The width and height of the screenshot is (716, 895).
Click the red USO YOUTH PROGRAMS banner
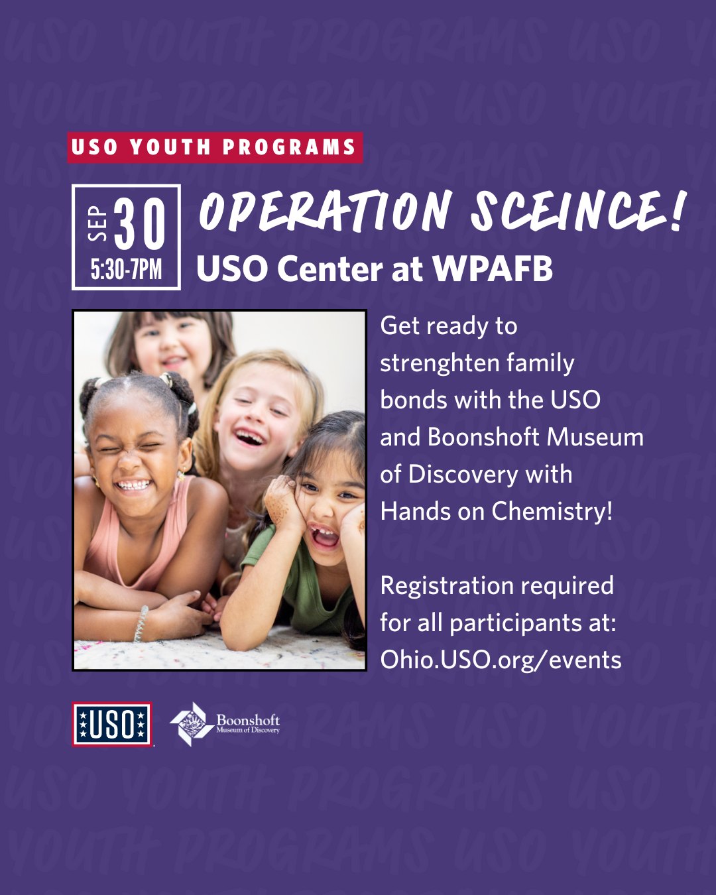215,148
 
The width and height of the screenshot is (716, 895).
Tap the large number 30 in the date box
140,223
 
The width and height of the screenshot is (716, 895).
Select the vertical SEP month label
97,223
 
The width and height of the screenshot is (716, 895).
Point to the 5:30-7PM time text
126,270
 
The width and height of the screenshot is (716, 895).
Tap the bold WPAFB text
493,268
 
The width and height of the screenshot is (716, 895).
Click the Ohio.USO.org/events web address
501,660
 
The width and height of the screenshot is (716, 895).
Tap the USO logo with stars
112,724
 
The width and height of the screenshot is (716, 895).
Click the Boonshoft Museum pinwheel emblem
192,724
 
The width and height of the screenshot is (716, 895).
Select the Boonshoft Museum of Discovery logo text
248,724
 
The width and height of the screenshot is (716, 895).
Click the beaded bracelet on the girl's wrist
141,623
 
